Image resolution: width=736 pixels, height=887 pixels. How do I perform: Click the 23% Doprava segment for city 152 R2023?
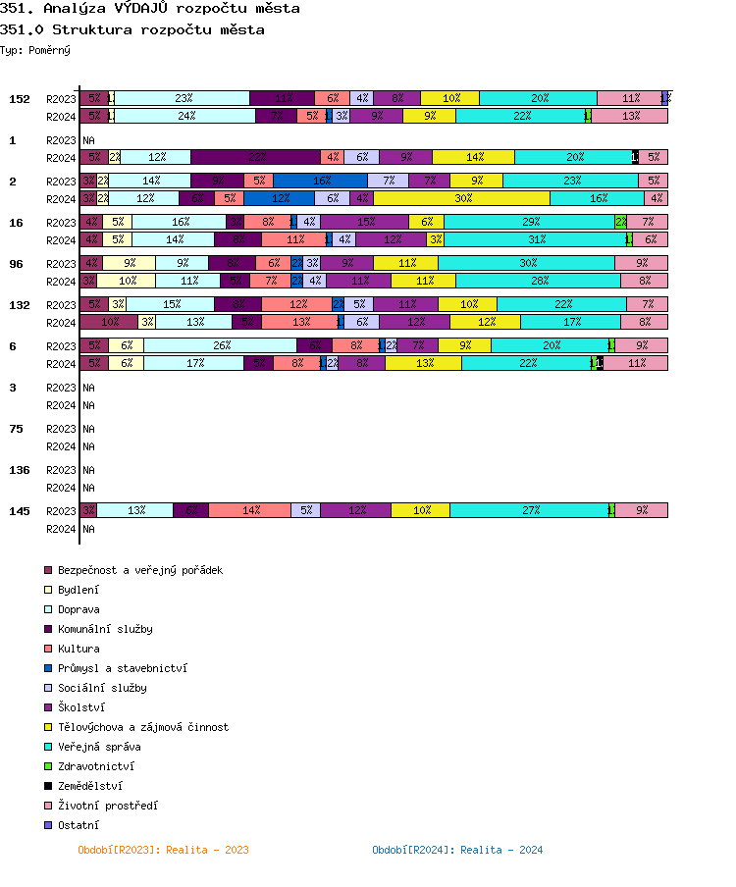(183, 98)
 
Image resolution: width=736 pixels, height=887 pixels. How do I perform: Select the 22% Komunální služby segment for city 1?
(256, 157)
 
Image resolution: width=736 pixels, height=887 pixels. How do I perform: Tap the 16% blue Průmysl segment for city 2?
(320, 181)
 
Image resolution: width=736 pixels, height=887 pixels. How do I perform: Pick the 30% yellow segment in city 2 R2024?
(462, 198)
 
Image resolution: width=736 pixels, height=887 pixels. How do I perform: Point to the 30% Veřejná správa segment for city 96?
(527, 263)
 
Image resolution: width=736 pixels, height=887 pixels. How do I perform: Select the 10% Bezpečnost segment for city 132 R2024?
(110, 322)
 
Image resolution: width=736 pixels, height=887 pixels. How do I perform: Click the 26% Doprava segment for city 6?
(221, 345)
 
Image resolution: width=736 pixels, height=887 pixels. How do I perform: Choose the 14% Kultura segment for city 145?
(250, 510)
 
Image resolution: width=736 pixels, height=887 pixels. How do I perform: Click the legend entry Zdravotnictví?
(96, 766)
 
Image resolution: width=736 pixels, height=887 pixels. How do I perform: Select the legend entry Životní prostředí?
(107, 806)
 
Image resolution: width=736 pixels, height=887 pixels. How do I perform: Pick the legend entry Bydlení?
(78, 590)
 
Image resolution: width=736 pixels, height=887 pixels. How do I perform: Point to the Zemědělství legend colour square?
(47, 786)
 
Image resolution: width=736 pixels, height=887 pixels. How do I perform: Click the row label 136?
(20, 470)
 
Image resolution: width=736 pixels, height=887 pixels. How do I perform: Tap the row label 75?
(17, 429)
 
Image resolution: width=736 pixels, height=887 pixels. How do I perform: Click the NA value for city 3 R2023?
(88, 388)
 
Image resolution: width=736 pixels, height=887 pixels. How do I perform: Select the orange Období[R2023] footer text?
(163, 850)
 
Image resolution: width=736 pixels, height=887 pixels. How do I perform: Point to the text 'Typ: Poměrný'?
(35, 49)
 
